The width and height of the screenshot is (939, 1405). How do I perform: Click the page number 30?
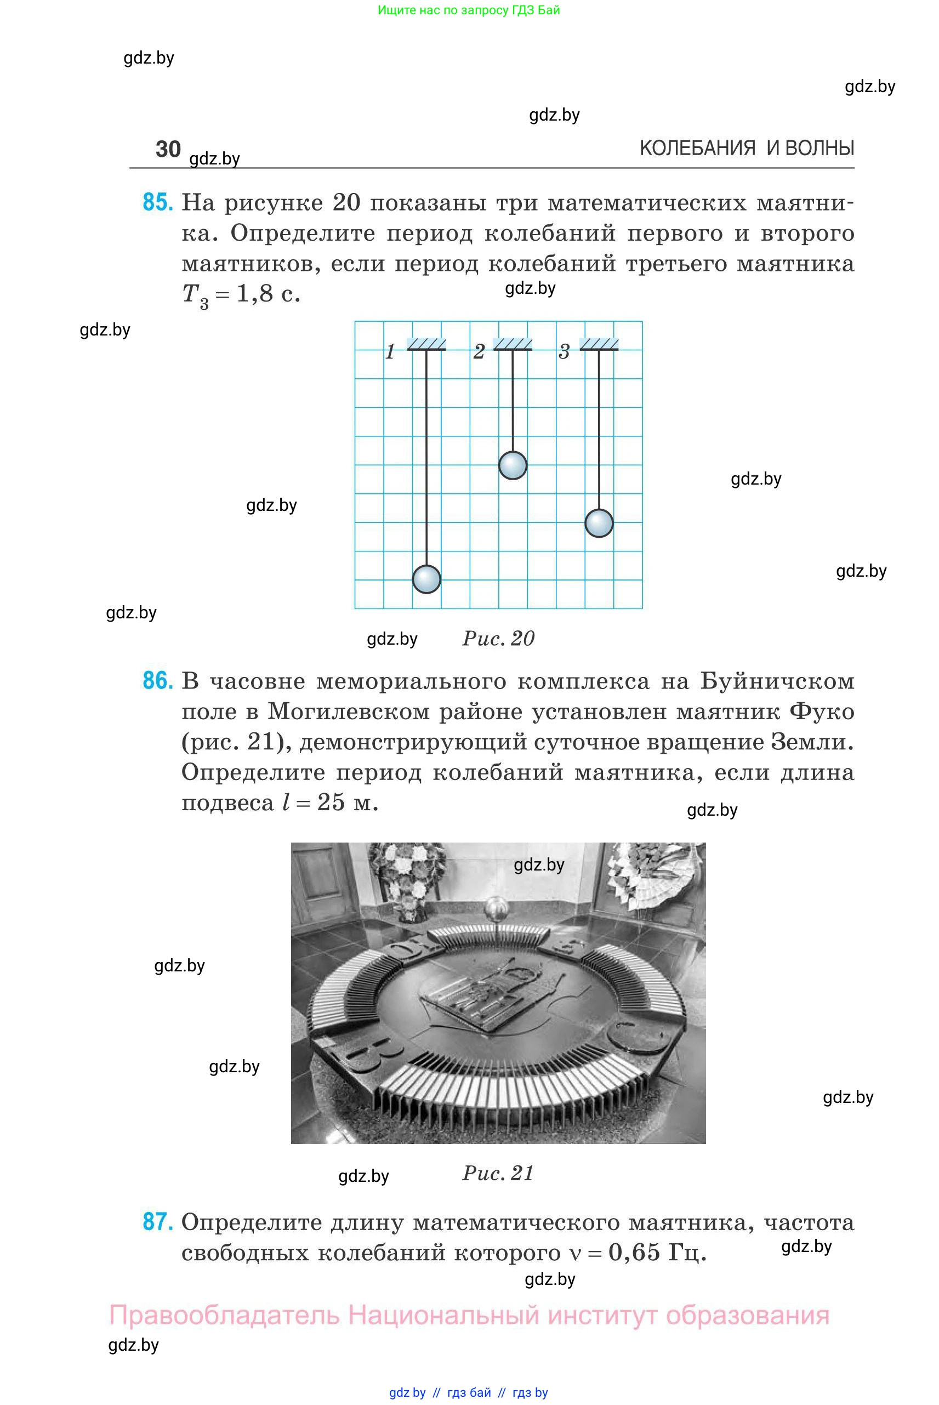click(168, 149)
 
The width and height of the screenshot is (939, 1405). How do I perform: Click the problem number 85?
click(157, 202)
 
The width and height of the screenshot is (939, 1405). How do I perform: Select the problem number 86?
click(157, 681)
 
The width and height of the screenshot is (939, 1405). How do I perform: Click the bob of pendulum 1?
click(426, 579)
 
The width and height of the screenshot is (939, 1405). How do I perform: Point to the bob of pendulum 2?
click(513, 465)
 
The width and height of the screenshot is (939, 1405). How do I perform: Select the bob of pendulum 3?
click(599, 523)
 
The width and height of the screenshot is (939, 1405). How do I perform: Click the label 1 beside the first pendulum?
click(390, 351)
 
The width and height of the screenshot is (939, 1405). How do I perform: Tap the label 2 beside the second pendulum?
click(479, 351)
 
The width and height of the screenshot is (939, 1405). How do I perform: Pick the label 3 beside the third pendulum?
click(564, 351)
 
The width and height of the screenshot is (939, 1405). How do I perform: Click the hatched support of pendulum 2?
click(513, 344)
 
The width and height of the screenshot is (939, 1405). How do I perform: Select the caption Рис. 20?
click(498, 639)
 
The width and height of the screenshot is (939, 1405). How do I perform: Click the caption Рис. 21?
click(498, 1173)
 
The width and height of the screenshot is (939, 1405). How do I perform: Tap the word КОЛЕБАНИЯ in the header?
click(697, 149)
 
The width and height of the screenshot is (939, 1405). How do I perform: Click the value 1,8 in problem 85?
click(255, 293)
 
